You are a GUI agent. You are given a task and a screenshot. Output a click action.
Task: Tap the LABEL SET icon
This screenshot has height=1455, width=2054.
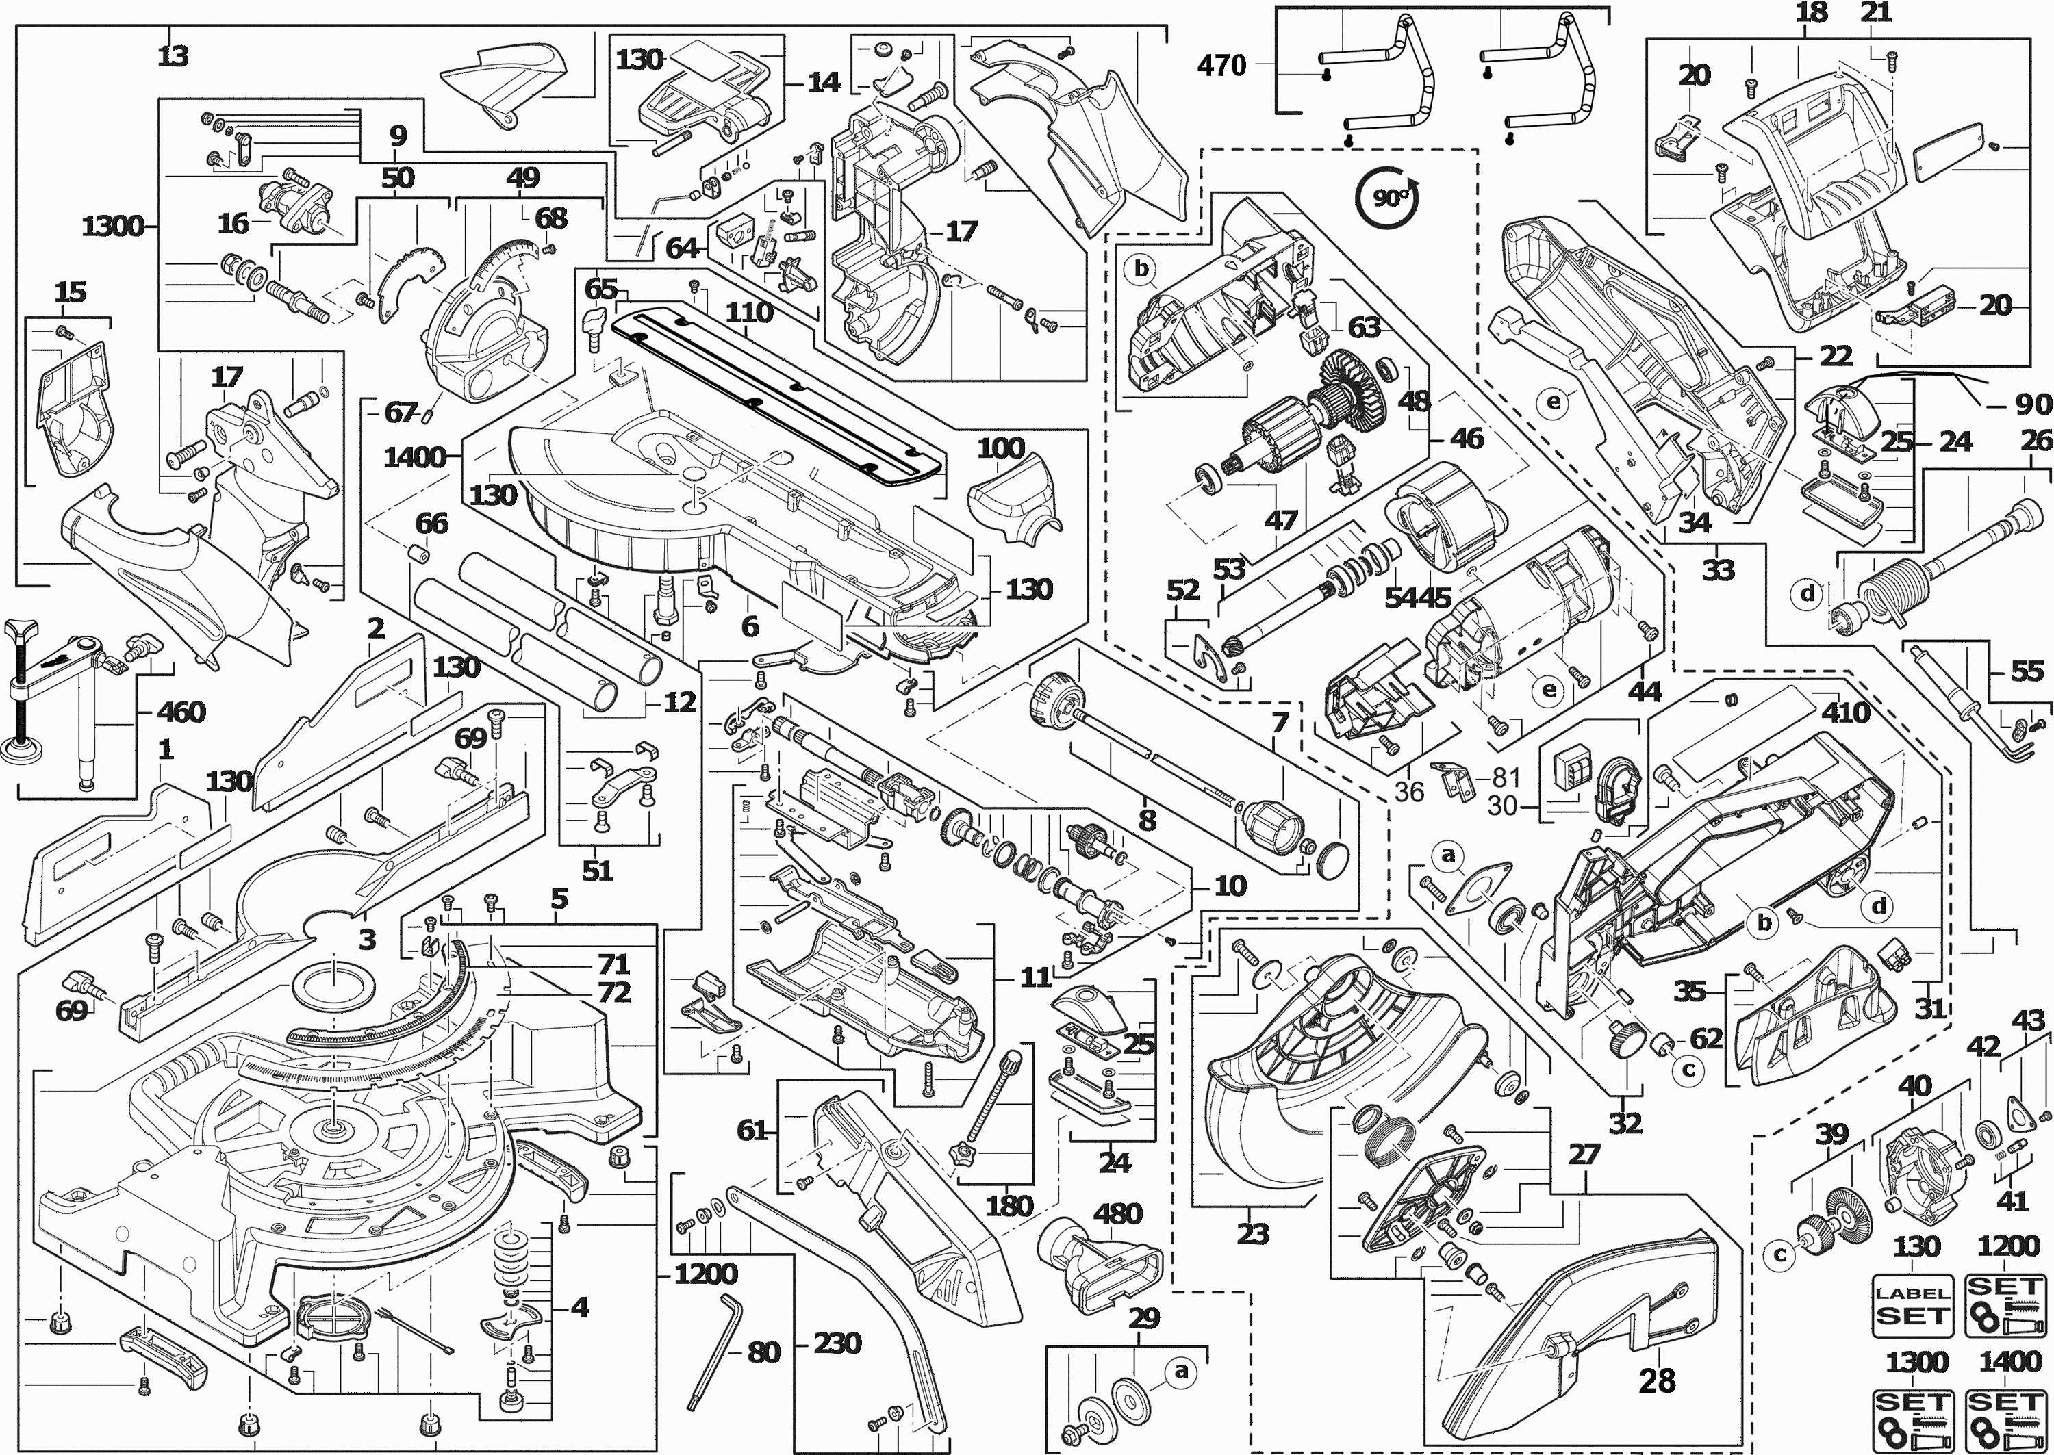click(x=1912, y=1305)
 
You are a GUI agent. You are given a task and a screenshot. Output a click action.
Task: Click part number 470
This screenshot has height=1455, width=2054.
click(x=1221, y=66)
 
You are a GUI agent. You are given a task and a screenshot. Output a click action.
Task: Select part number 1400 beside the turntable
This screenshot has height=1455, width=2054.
click(x=414, y=458)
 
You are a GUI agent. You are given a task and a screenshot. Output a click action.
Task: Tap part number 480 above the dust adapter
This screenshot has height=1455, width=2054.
click(x=1117, y=1214)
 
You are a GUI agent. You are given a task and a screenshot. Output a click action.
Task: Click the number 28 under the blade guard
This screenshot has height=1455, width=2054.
click(x=1656, y=1380)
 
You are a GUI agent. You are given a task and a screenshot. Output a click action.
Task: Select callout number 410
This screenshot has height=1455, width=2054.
click(x=1845, y=712)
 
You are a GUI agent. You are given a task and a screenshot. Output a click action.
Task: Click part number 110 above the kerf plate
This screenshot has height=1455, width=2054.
click(x=749, y=312)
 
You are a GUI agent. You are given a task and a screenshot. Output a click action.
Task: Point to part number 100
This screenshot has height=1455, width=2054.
click(x=1000, y=448)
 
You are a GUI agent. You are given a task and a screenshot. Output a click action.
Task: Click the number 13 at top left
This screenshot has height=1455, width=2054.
click(x=173, y=56)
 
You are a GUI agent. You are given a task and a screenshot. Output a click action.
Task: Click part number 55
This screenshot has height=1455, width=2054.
click(x=2026, y=671)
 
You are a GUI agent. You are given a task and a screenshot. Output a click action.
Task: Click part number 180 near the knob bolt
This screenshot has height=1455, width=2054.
click(x=1009, y=1205)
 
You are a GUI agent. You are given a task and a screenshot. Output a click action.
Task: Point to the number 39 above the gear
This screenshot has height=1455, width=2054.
click(x=1831, y=1133)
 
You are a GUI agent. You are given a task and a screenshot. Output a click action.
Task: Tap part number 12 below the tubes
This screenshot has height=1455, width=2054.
click(x=679, y=702)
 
